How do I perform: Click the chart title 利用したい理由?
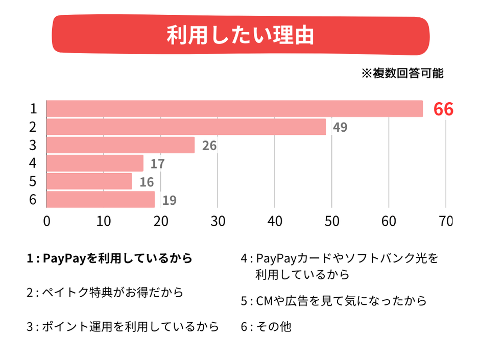click(240, 36)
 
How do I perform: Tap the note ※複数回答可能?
click(402, 74)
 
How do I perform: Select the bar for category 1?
click(234, 109)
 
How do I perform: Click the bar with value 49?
click(186, 127)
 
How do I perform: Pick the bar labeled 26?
click(121, 145)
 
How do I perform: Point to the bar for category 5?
click(89, 181)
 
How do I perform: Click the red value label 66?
click(443, 109)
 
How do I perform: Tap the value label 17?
click(157, 164)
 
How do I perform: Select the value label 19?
click(169, 200)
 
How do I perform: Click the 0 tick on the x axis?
click(47, 222)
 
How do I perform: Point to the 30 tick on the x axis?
click(218, 222)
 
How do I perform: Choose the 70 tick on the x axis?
click(445, 222)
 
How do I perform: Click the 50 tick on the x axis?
click(332, 222)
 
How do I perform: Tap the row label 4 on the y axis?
click(33, 163)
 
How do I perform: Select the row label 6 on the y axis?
click(33, 200)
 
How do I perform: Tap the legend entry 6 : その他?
click(266, 327)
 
